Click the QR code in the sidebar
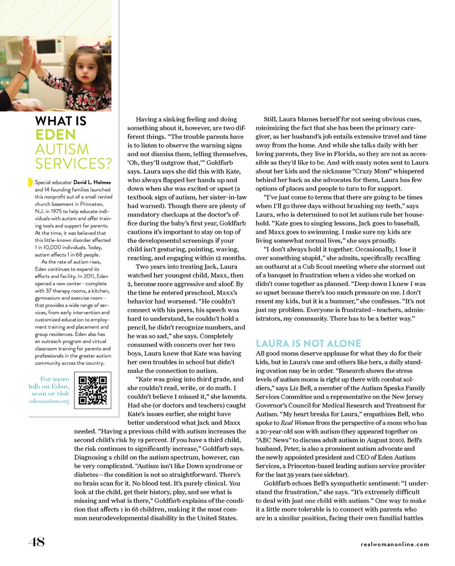[x=93, y=390]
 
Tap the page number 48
[x=36, y=542]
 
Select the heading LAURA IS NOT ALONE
[x=308, y=343]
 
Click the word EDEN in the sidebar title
[x=55, y=135]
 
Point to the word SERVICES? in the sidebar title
[x=73, y=164]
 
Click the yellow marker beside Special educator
[x=30, y=183]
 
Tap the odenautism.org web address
[x=48, y=401]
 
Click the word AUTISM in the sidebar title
[x=62, y=149]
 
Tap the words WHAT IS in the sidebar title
[x=61, y=121]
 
